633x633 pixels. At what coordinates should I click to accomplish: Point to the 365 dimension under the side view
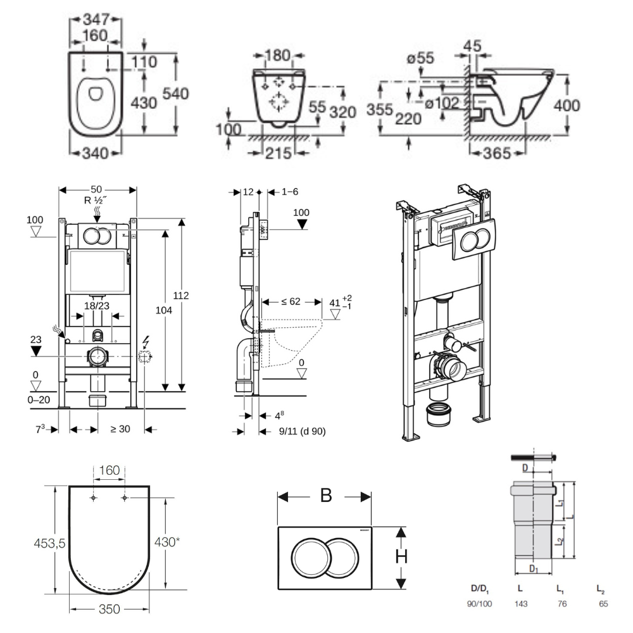pos(498,153)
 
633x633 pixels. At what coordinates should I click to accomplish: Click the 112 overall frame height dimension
pos(183,296)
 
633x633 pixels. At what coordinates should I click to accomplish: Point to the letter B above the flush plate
pos(325,495)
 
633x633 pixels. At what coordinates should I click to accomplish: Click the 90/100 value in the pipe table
pos(479,604)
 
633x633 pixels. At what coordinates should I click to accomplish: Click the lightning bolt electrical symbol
pos(146,342)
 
